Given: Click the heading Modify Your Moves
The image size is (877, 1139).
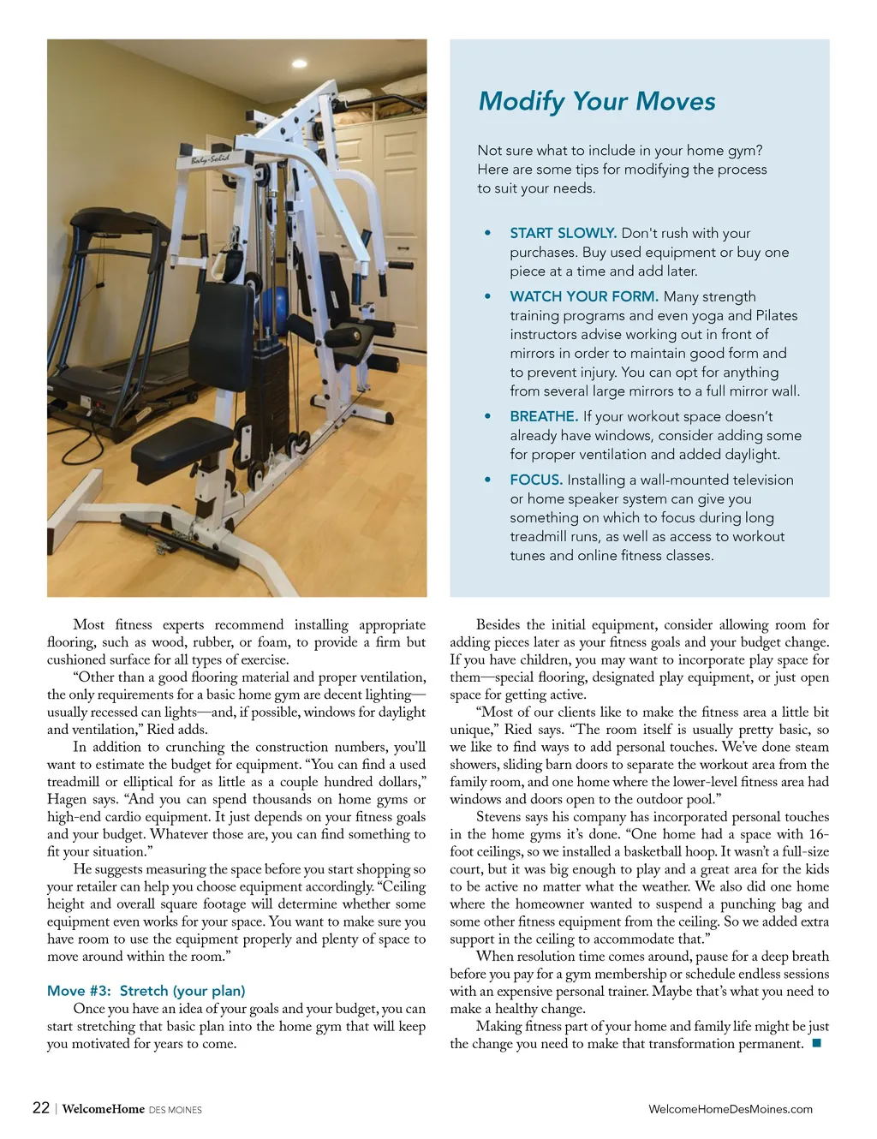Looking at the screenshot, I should point(597,101).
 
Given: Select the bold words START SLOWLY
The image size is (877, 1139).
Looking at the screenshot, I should point(563,233).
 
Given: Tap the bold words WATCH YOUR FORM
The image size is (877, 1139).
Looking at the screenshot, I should point(583,296).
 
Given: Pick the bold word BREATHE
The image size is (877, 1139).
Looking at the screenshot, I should point(544,416).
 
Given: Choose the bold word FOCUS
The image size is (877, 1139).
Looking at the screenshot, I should point(536,480).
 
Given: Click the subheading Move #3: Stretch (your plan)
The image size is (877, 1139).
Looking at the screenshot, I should point(146,991).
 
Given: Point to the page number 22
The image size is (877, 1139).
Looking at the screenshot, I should point(40,1108).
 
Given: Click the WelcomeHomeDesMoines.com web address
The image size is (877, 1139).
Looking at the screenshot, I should point(730,1109).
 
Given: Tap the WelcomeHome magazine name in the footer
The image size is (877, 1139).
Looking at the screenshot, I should point(104,1109).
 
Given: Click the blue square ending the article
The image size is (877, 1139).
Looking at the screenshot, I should point(816,1043).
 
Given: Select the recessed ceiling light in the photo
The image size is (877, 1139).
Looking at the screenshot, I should point(299,63).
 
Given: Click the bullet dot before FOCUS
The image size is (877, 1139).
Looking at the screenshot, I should point(487,480).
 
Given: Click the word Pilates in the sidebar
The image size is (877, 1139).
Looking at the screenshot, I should point(776,315).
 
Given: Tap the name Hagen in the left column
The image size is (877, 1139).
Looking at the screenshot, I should point(67,799).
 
